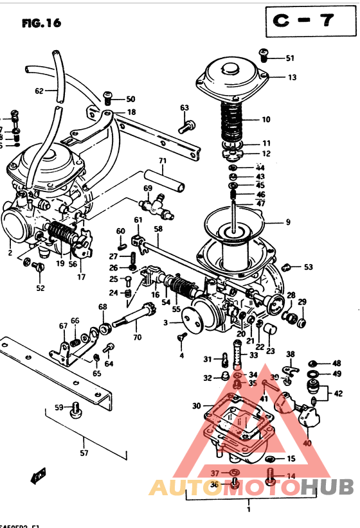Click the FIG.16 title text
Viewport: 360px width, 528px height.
(x=41, y=23)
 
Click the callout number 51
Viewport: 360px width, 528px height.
(x=290, y=58)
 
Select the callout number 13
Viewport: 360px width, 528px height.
(x=292, y=77)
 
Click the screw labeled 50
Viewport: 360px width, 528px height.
(x=108, y=98)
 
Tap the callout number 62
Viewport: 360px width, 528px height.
(x=40, y=91)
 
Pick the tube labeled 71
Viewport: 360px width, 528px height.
(x=163, y=173)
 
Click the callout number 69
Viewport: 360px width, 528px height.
(x=148, y=188)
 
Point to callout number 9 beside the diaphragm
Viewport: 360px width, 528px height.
(x=288, y=222)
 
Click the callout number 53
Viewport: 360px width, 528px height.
(x=309, y=267)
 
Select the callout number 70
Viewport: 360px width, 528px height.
(x=136, y=337)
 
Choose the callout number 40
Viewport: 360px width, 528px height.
(x=307, y=443)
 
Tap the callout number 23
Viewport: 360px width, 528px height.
(x=270, y=351)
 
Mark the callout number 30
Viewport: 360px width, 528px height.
(x=196, y=405)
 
